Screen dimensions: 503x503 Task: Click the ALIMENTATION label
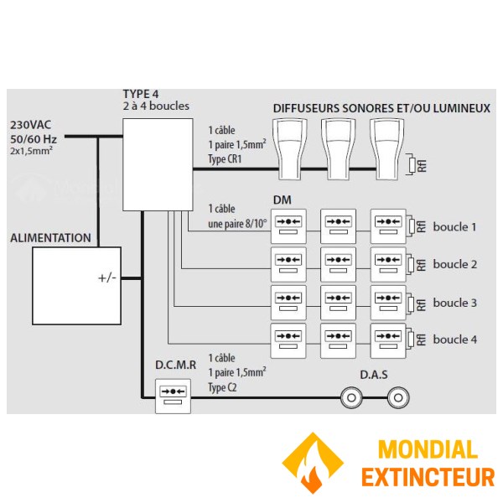[50, 238]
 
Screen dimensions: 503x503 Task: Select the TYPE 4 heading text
[141, 95]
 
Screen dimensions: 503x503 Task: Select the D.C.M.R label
[175, 366]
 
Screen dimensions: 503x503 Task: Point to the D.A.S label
[373, 374]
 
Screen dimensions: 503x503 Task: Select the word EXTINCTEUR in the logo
[428, 478]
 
